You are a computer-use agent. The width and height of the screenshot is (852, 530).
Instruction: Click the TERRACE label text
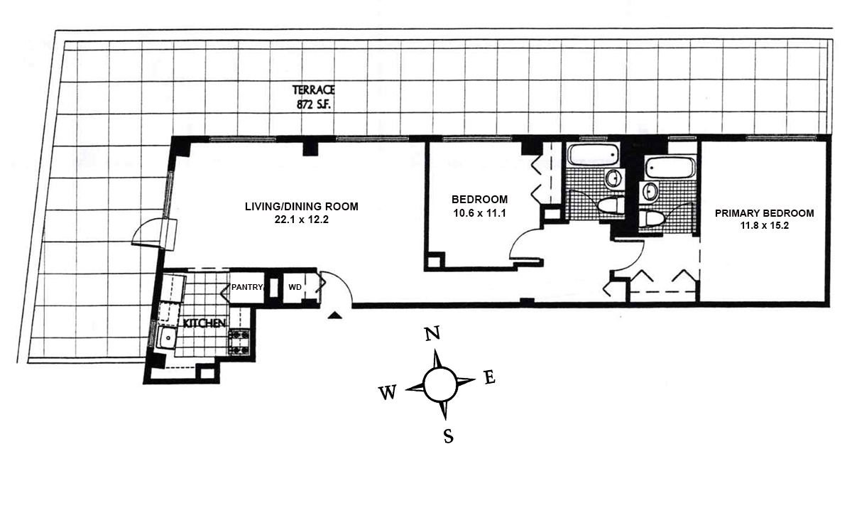(313, 90)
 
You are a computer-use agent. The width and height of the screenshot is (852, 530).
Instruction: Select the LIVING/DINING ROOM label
(302, 207)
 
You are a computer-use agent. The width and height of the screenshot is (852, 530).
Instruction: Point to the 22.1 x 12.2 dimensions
(302, 220)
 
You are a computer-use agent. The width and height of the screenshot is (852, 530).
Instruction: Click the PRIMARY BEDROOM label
(764, 212)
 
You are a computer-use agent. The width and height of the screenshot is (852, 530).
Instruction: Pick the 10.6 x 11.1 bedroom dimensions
(480, 212)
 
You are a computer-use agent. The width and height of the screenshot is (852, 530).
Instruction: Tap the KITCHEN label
(204, 323)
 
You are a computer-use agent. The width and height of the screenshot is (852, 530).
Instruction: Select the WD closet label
(294, 288)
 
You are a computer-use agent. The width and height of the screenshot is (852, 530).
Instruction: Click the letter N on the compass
(432, 334)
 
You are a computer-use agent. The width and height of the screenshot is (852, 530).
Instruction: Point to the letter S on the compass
(448, 436)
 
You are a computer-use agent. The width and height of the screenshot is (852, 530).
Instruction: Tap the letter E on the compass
(488, 377)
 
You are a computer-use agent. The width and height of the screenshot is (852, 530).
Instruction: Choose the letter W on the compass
(388, 393)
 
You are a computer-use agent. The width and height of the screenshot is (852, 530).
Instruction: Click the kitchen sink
(168, 338)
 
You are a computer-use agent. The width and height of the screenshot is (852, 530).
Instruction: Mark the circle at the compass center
(440, 384)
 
